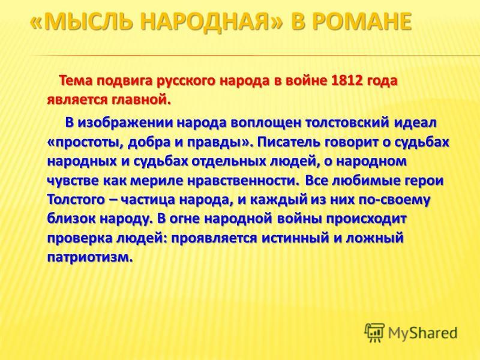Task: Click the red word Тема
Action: (76, 81)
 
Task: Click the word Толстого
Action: (76, 200)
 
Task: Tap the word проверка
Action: (79, 238)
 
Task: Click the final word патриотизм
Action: (91, 257)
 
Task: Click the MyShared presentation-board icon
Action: (374, 333)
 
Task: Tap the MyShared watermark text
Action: (422, 333)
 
